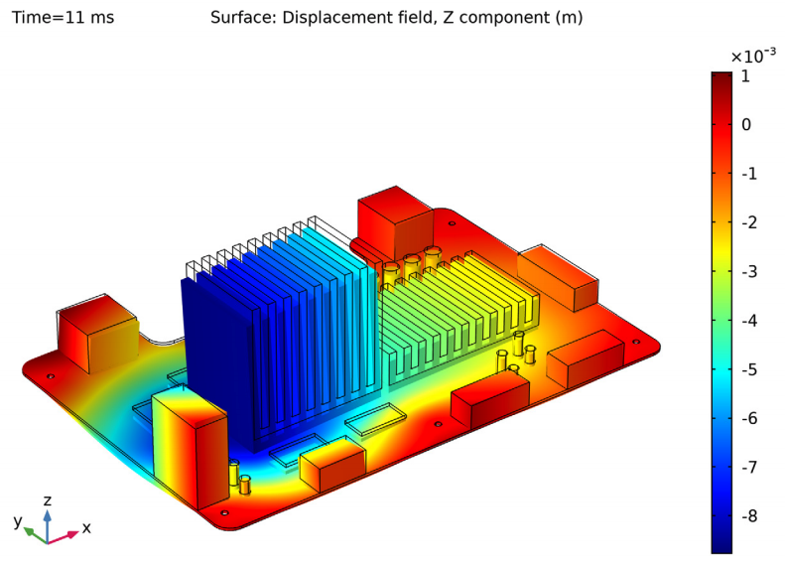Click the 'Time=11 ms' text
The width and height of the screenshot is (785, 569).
coord(63,18)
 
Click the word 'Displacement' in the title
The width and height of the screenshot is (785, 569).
coord(337,18)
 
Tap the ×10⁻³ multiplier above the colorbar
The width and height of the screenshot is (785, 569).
coord(752,56)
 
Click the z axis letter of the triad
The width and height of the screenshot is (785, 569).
coord(47,500)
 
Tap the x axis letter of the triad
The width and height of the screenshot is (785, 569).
coord(86,528)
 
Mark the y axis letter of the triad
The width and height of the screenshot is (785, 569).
coord(17,521)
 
